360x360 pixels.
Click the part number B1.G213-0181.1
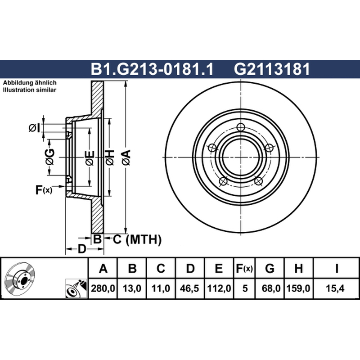pos(152,69)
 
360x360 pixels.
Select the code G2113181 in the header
pos(272,69)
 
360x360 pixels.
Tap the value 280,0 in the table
pos(103,288)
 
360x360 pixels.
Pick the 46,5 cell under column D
pos(189,288)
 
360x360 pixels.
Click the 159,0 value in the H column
pos(298,288)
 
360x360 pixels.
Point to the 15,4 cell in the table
pos(335,288)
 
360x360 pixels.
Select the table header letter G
pos(270,268)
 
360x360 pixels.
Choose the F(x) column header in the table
pos(244,268)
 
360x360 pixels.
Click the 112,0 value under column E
pos(219,288)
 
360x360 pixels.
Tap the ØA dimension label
pos(126,157)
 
